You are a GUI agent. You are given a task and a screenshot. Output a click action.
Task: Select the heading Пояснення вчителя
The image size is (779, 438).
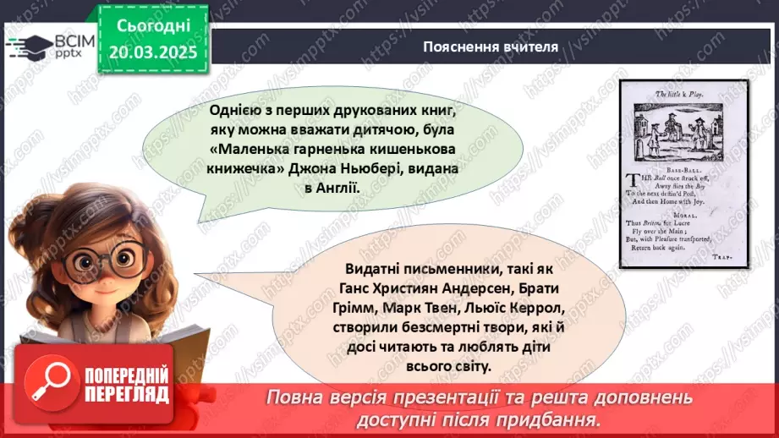pyautogui.click(x=491, y=47)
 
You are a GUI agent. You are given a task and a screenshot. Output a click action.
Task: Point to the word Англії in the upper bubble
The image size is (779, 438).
pyautogui.click(x=337, y=189)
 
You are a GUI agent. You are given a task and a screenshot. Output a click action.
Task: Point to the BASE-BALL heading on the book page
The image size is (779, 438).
pyautogui.click(x=684, y=168)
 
